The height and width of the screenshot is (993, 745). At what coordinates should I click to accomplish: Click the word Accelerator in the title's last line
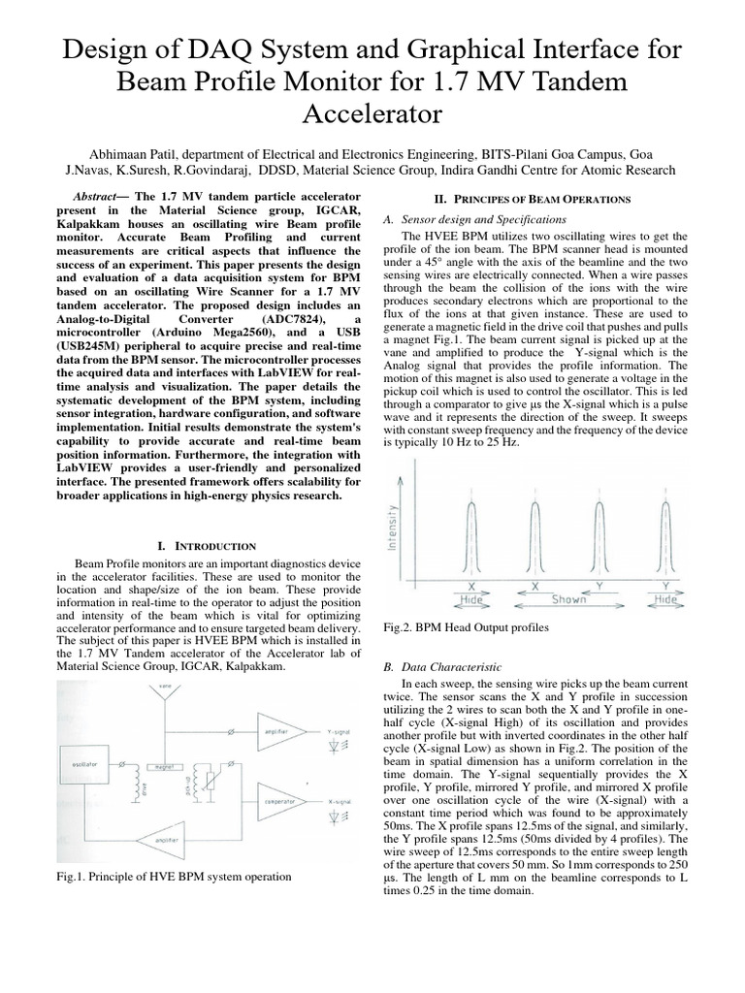(x=372, y=113)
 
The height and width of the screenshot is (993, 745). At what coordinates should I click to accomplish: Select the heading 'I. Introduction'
(x=206, y=547)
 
